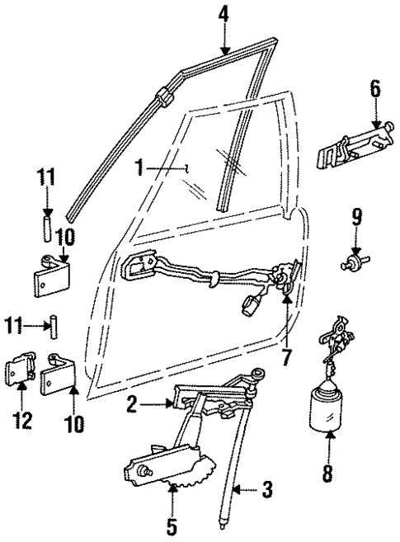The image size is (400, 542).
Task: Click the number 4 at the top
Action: pos(224,13)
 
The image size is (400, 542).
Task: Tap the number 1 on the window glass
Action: pos(141,167)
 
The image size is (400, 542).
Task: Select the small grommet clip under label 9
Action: pos(353,263)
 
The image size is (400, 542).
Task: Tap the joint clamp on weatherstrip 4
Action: pos(163,97)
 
